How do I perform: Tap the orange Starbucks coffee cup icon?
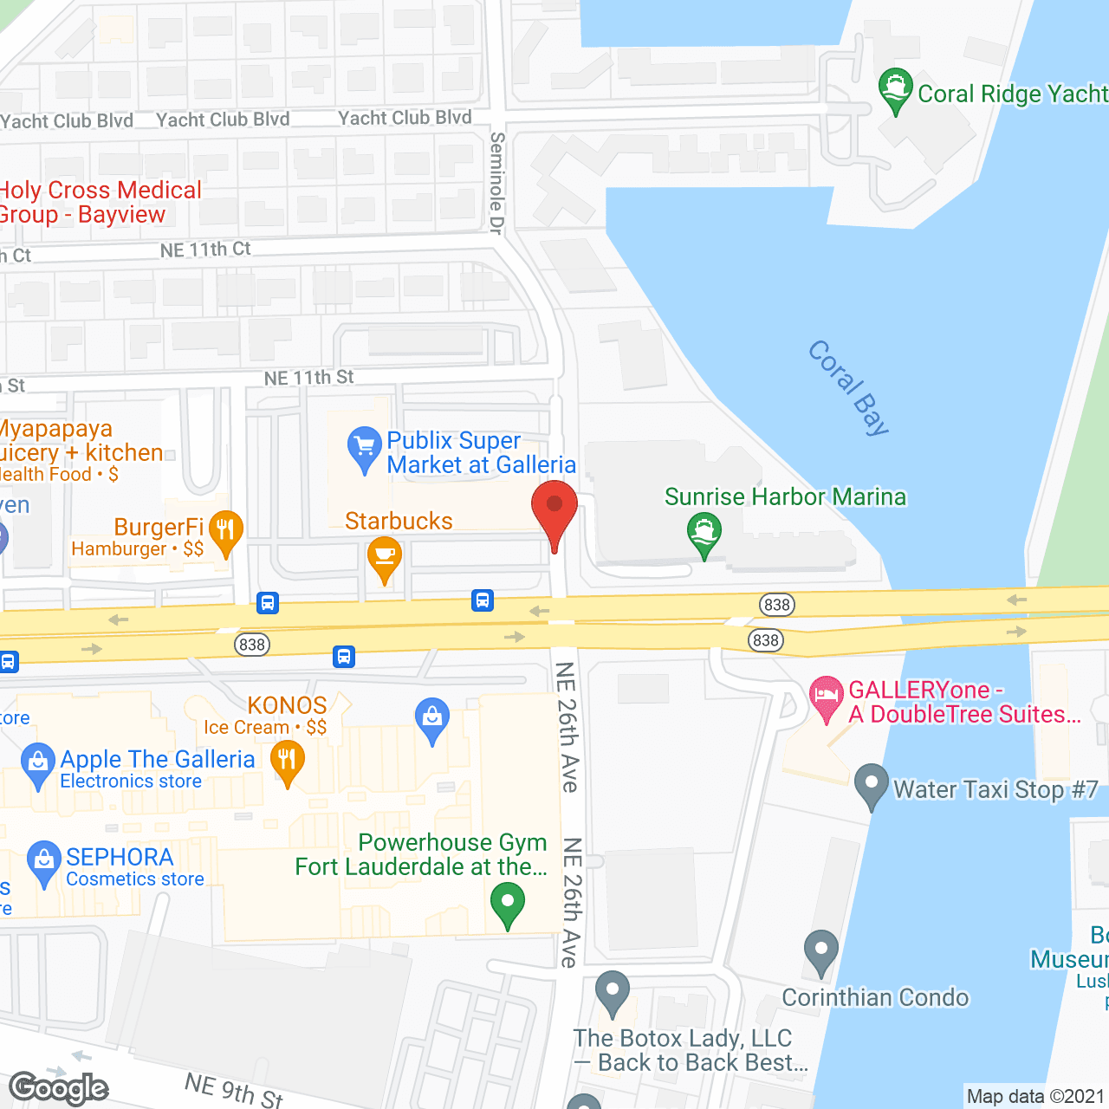click(385, 557)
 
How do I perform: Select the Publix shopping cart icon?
click(364, 448)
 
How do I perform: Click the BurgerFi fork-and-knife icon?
click(225, 530)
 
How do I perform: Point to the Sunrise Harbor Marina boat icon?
click(704, 533)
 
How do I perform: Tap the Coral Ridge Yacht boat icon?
click(895, 89)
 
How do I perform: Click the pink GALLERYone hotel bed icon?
click(826, 696)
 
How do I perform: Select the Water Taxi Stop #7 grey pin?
click(871, 784)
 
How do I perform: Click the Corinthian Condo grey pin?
click(820, 951)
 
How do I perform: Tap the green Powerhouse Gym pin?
click(508, 903)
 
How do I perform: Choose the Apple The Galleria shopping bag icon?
click(38, 763)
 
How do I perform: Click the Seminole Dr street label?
click(496, 183)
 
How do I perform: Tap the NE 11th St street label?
click(308, 378)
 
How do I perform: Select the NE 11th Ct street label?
click(205, 250)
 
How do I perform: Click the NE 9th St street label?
click(234, 1090)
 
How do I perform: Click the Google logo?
click(59, 1088)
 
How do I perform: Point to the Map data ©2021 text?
click(1035, 1097)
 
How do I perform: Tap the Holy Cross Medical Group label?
click(99, 203)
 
